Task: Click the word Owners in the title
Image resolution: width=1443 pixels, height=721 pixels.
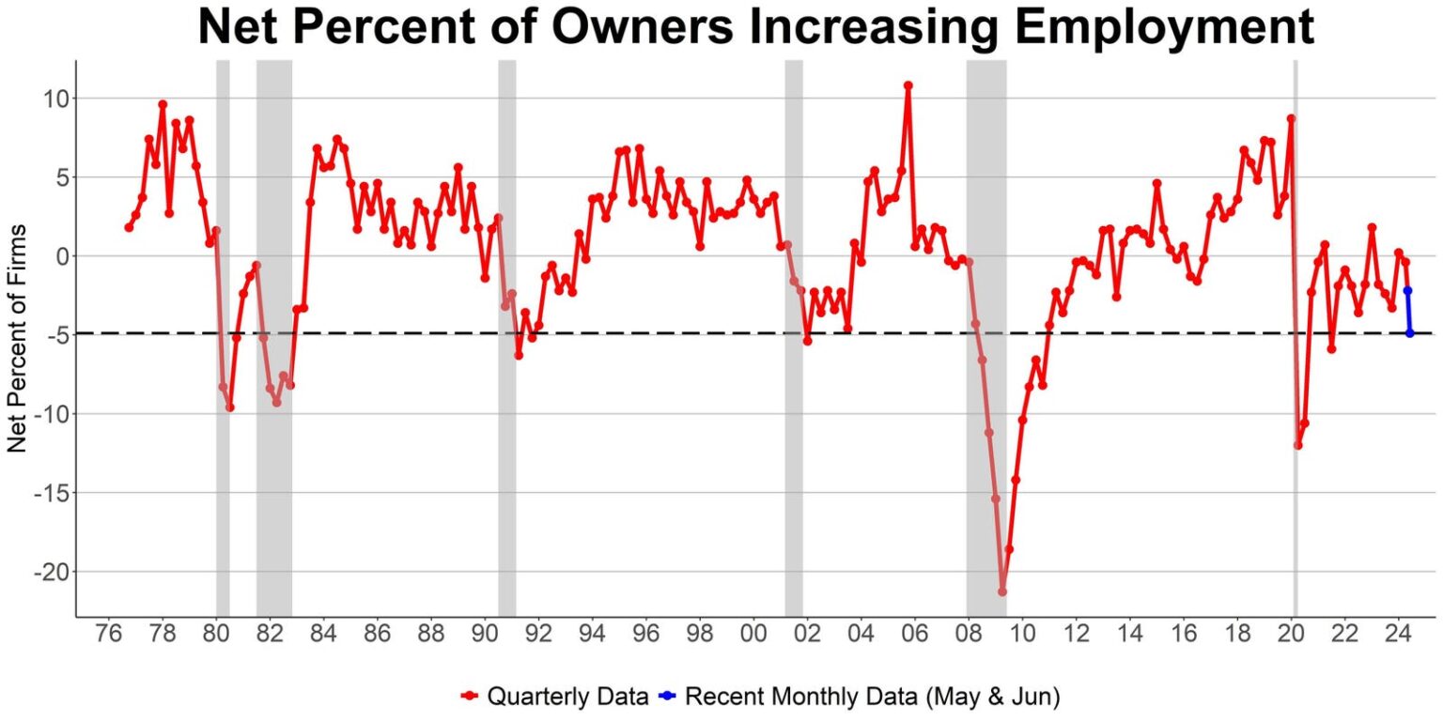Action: pos(643,26)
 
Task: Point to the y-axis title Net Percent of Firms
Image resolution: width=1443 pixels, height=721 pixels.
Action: pos(18,339)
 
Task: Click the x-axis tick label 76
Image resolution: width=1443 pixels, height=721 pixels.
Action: pos(108,634)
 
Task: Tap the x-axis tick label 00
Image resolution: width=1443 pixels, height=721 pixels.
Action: pos(753,634)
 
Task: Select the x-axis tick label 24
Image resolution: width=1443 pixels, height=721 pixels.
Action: pos(1399,634)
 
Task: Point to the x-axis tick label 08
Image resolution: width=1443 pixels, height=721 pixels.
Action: pos(969,634)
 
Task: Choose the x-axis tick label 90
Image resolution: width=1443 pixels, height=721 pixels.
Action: pos(485,634)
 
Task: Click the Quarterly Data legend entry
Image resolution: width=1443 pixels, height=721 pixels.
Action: pos(554,696)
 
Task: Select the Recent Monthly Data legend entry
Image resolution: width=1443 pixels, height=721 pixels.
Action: pos(859,696)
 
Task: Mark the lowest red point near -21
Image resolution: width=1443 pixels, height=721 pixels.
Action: pos(1002,591)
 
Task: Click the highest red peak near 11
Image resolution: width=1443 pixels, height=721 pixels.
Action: pos(908,85)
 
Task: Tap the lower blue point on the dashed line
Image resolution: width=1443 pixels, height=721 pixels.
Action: pos(1410,333)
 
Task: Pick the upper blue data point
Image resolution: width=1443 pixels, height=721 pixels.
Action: pos(1408,291)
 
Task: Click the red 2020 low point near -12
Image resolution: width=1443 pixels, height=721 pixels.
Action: pos(1298,446)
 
